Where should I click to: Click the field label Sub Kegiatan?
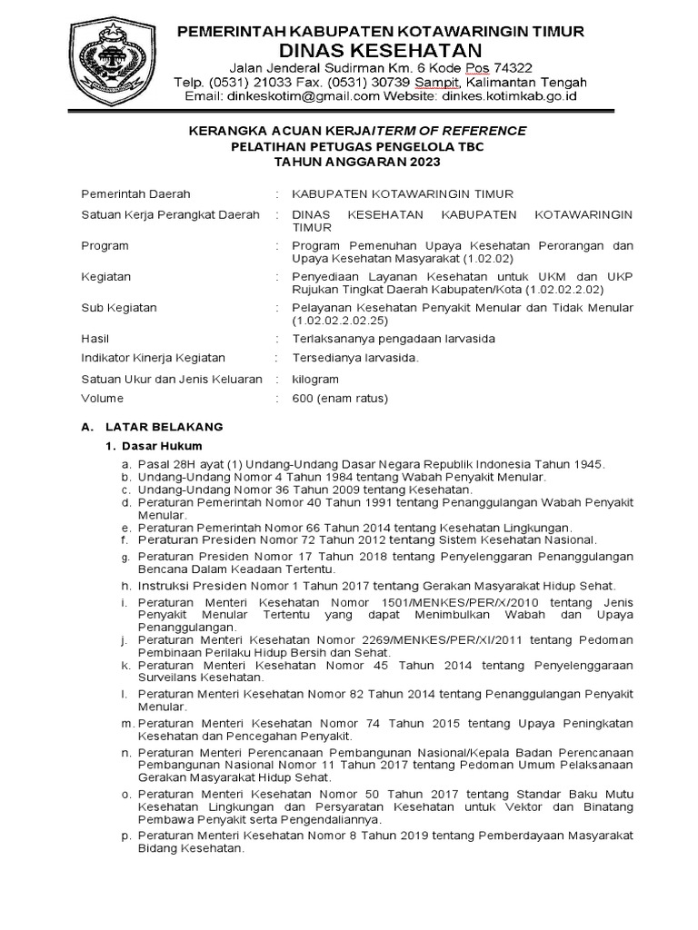point(119,308)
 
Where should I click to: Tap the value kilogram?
point(314,378)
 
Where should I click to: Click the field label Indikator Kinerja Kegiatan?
point(154,358)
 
